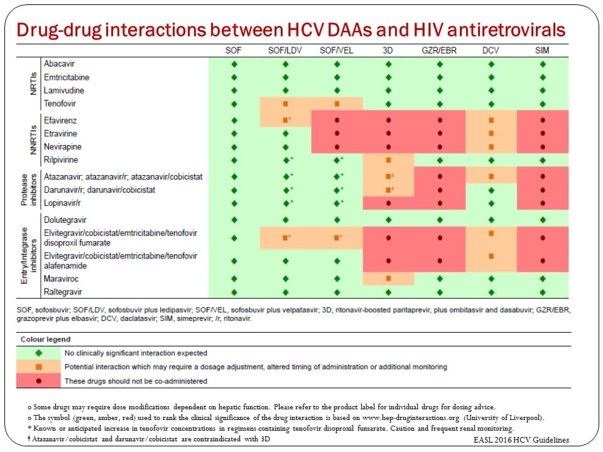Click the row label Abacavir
[60, 64]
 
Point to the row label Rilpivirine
[62, 159]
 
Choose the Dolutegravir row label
[65, 220]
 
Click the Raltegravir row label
[63, 292]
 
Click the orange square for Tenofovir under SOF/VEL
[337, 104]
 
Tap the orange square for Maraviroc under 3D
[389, 278]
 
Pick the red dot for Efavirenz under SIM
[543, 119]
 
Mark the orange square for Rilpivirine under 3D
[389, 159]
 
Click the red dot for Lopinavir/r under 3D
[389, 203]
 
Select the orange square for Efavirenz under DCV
[491, 119]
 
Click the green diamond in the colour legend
[39, 353]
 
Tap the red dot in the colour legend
[39, 380]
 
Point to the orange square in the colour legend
[39, 367]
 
